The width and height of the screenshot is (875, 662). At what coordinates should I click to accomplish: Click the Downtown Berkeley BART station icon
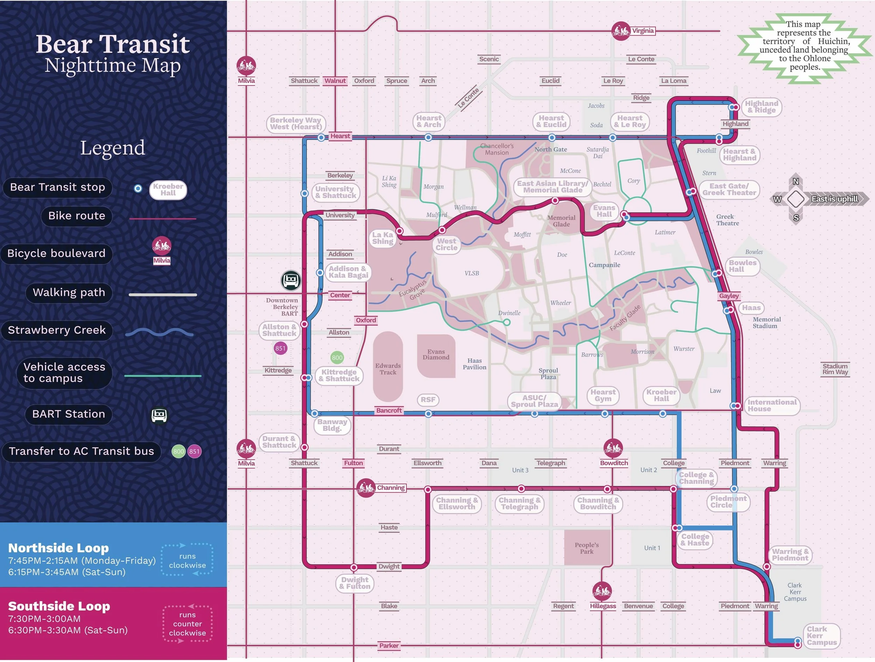pyautogui.click(x=291, y=280)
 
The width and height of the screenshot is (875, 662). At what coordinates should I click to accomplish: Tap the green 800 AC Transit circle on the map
pyautogui.click(x=337, y=358)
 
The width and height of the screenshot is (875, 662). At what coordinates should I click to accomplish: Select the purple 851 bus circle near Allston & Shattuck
pyautogui.click(x=280, y=348)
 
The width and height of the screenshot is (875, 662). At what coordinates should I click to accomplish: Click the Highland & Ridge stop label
pyautogui.click(x=761, y=107)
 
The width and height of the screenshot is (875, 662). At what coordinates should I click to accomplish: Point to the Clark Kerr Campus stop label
pyautogui.click(x=821, y=635)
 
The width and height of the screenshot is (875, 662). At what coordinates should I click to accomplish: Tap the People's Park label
pyautogui.click(x=587, y=548)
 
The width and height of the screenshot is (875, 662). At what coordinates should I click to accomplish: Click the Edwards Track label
pyautogui.click(x=388, y=369)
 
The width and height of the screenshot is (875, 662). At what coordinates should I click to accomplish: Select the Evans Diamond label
pyautogui.click(x=436, y=355)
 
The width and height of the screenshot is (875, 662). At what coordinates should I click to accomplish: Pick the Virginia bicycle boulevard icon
pyautogui.click(x=621, y=31)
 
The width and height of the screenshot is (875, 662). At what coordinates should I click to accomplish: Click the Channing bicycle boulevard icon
pyautogui.click(x=366, y=488)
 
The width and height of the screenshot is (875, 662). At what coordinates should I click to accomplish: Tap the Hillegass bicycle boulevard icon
pyautogui.click(x=602, y=591)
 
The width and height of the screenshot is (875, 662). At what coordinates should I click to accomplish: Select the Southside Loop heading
pyautogui.click(x=59, y=606)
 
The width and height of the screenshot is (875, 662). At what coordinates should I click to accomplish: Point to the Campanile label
pyautogui.click(x=604, y=265)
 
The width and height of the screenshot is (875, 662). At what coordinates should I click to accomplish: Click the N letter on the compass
pyautogui.click(x=796, y=181)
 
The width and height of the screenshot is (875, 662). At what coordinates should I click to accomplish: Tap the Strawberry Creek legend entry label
pyautogui.click(x=57, y=330)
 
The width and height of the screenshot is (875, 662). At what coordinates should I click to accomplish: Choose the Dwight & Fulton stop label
pyautogui.click(x=355, y=583)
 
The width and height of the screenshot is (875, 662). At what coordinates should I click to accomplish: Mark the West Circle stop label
pyautogui.click(x=447, y=244)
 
